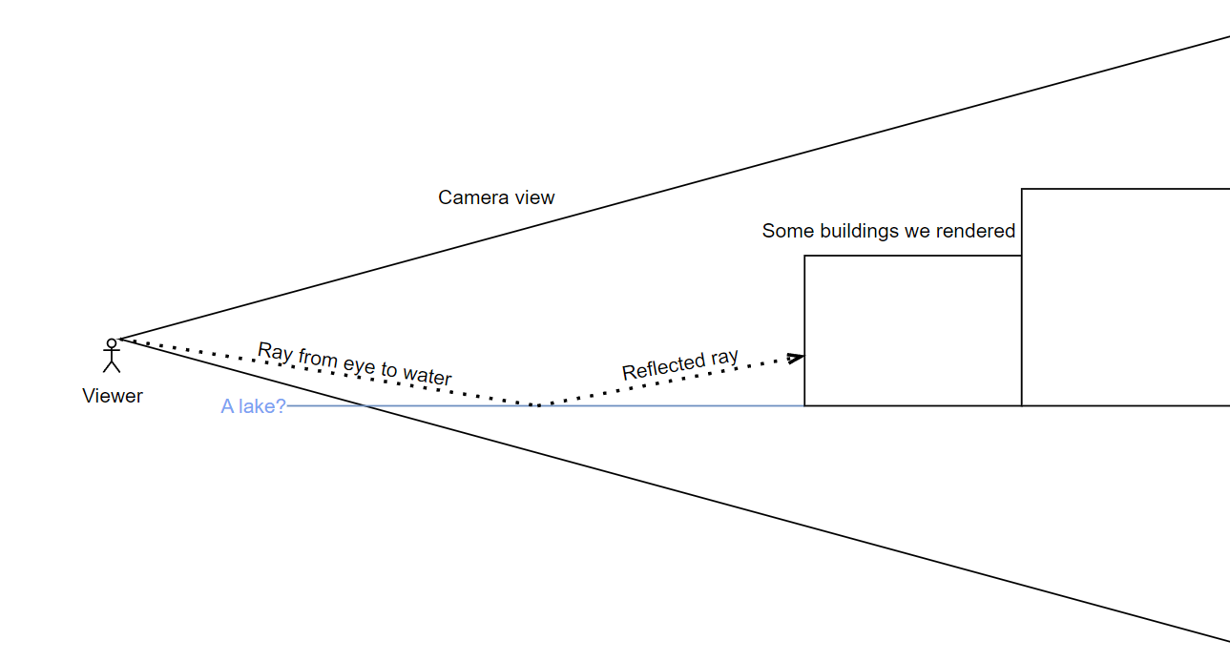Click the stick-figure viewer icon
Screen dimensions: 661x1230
point(112,355)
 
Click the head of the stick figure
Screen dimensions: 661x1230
point(112,342)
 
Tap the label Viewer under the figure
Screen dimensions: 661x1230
point(113,396)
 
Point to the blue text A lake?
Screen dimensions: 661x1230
point(253,406)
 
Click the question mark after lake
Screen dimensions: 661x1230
point(281,406)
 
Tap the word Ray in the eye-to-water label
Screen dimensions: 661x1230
point(275,351)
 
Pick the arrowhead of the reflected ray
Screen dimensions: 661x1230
point(796,359)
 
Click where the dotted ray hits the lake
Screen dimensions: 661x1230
point(537,405)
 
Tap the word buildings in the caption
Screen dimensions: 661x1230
point(854,231)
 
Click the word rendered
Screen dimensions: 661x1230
point(979,231)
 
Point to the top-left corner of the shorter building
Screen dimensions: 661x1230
point(804,256)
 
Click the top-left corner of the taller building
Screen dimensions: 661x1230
point(1022,189)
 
